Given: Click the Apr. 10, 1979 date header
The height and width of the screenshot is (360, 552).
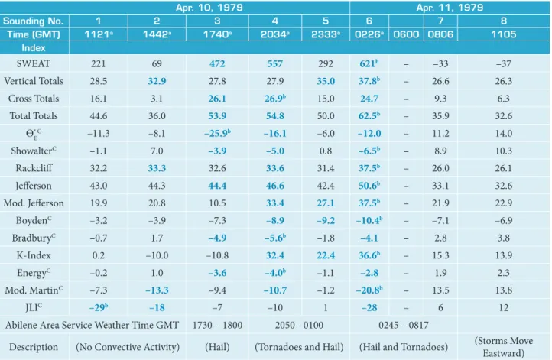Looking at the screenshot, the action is [x=209, y=8].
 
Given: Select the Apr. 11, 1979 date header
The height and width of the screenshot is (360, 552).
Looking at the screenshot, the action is [x=450, y=8].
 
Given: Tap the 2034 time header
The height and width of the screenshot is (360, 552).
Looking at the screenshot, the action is [x=275, y=34].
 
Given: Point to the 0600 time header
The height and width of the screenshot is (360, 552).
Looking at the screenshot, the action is [x=406, y=34].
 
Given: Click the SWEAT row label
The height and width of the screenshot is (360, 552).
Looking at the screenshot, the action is [x=34, y=63].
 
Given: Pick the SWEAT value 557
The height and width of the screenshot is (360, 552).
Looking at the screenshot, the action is [x=275, y=63].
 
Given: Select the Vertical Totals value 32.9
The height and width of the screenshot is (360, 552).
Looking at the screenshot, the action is [x=157, y=81].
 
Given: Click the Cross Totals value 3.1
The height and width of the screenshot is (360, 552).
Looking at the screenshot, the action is [x=157, y=99].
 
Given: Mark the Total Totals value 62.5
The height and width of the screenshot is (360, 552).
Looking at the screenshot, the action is [x=369, y=115].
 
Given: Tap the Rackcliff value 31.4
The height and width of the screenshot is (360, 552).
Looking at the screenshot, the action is [x=326, y=168].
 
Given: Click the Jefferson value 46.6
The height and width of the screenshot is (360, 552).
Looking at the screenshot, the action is [x=275, y=186].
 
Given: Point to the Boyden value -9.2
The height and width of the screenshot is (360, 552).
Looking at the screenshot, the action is [x=326, y=220].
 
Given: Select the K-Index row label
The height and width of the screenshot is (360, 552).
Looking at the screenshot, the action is [x=34, y=255].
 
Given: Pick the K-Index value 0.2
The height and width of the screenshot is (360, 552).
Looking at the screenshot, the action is [x=98, y=255].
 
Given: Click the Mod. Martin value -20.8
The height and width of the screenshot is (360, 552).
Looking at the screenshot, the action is [x=369, y=290].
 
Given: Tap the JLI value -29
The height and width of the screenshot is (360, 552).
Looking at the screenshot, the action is [x=98, y=307].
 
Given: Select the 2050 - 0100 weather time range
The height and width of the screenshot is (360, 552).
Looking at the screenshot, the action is [x=299, y=325].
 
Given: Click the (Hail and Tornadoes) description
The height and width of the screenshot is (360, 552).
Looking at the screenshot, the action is [x=404, y=347].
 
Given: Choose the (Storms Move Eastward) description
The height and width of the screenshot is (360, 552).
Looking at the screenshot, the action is [x=503, y=347].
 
